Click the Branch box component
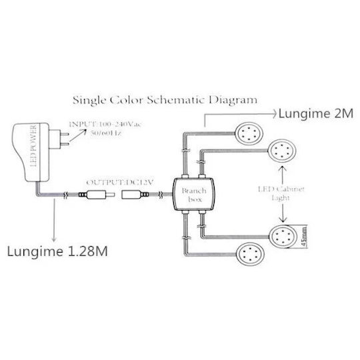(194, 195)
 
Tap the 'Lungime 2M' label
(316, 113)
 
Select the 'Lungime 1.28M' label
(57, 251)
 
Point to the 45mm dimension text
(303, 237)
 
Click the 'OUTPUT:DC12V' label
(119, 183)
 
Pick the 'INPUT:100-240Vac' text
(105, 125)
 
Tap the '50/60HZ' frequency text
(105, 133)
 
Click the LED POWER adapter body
(31, 153)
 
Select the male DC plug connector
(97, 195)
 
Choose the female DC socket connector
(133, 195)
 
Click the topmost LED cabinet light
(249, 133)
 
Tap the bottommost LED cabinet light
(251, 254)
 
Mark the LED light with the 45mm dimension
(283, 237)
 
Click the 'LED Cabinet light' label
(281, 193)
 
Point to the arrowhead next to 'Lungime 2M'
(274, 114)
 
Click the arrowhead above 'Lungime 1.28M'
(54, 239)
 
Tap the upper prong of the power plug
(64, 133)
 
